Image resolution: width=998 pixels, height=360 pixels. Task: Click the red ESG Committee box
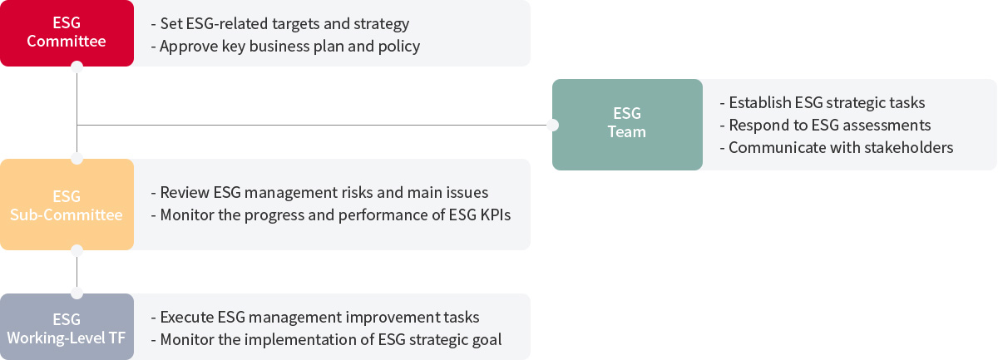(x=67, y=33)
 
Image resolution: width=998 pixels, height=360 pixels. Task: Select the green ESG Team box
(x=627, y=125)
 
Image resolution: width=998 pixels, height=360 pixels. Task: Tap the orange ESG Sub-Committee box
(x=67, y=205)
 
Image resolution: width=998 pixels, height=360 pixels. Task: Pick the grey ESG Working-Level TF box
(x=67, y=327)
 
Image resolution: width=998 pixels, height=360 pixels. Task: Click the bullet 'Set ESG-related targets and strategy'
(x=279, y=23)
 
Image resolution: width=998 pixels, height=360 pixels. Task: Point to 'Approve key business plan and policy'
(x=285, y=47)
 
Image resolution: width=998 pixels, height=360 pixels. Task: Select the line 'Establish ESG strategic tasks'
(x=823, y=103)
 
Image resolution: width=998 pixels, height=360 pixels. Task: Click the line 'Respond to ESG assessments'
(x=825, y=126)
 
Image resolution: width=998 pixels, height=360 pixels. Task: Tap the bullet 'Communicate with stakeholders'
(x=837, y=147)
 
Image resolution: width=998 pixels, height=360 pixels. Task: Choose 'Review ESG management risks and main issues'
(x=319, y=193)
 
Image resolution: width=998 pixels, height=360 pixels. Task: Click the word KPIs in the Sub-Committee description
(x=495, y=215)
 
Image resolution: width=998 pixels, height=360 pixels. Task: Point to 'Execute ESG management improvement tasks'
(x=315, y=318)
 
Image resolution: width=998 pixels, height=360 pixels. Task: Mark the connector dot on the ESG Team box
(x=552, y=126)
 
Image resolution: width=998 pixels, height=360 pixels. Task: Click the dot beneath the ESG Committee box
(x=77, y=67)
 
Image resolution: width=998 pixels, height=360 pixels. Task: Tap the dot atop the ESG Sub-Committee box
(x=77, y=159)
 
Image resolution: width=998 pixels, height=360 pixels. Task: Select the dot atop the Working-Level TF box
(x=77, y=293)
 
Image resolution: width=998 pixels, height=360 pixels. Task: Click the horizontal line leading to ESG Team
(x=312, y=126)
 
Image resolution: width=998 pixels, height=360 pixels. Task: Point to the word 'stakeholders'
(x=908, y=147)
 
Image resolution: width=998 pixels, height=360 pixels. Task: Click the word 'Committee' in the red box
(x=67, y=42)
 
